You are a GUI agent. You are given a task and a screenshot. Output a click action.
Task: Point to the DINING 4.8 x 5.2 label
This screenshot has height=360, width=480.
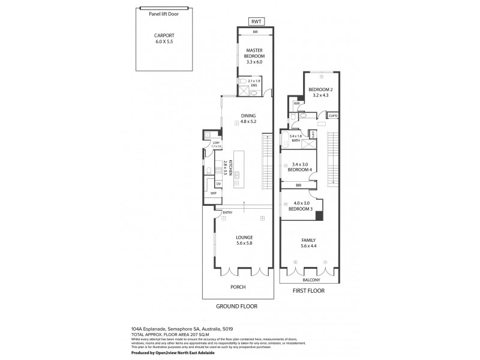click(248, 118)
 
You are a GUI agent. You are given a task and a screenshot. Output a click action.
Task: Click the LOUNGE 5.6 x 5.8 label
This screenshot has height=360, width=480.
click(248, 240)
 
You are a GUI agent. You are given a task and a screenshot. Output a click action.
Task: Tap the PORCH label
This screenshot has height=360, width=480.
click(238, 287)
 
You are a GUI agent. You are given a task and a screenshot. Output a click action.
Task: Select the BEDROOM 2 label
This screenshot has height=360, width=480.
click(320, 92)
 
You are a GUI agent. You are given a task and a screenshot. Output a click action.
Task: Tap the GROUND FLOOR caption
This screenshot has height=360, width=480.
click(236, 306)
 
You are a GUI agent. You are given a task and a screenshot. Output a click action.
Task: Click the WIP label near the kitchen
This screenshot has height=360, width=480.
click(212, 194)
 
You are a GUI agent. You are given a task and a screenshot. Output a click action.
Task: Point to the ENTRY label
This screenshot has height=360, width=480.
click(227, 212)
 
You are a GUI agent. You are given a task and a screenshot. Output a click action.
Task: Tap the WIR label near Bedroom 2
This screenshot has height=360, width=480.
click(296, 103)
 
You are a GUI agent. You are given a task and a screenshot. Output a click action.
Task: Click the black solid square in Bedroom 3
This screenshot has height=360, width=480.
click(319, 215)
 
